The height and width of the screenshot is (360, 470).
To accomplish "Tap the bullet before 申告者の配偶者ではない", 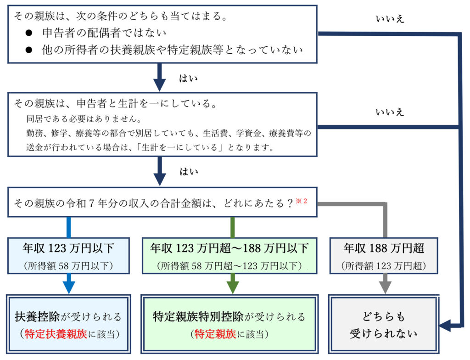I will (x=29, y=33).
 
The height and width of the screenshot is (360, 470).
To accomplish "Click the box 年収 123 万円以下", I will (x=68, y=256).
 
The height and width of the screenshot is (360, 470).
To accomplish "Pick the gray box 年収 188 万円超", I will (x=384, y=256).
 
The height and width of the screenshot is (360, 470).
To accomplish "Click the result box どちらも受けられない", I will (x=384, y=325).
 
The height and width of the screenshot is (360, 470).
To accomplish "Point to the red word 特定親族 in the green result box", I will (x=213, y=334).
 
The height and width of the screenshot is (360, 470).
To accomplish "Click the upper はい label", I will (x=188, y=79).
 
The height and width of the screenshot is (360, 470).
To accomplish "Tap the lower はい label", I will (x=188, y=172).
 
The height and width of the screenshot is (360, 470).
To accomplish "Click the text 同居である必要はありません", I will (x=84, y=119).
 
